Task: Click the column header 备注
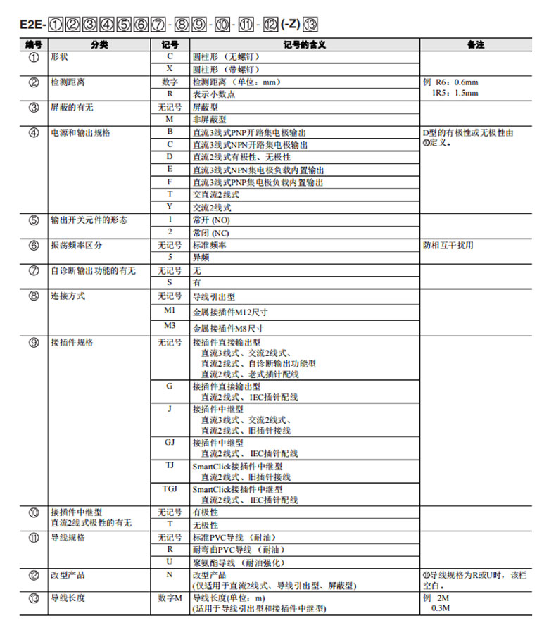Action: [x=476, y=45]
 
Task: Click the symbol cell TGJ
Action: [x=169, y=488]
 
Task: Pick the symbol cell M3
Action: [x=169, y=326]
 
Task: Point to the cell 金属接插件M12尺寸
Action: [x=229, y=312]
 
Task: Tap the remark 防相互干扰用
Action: [x=448, y=246]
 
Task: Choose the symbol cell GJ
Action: [x=169, y=443]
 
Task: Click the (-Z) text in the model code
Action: [x=289, y=25]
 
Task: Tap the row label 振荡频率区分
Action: [x=77, y=246]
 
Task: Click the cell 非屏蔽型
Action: [x=210, y=120]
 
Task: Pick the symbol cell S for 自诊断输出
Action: [x=169, y=282]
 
